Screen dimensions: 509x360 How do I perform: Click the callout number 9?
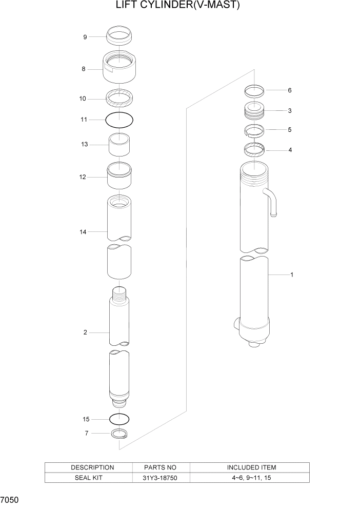tap(85, 36)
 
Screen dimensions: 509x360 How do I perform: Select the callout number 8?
tap(84, 69)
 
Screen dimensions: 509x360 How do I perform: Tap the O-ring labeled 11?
tap(119, 120)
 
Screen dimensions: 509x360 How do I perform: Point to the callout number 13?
tap(85, 145)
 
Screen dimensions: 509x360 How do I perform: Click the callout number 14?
tap(83, 232)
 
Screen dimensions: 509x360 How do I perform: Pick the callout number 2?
tap(85, 332)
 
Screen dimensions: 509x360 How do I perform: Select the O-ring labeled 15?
tap(119, 419)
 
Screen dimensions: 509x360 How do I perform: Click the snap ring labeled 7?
tap(119, 434)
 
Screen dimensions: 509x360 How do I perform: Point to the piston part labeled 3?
tap(254, 110)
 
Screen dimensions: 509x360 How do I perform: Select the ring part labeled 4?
tap(254, 150)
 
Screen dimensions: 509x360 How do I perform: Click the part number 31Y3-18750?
tap(161, 478)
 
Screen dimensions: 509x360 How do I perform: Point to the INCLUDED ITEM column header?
tap(251, 467)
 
